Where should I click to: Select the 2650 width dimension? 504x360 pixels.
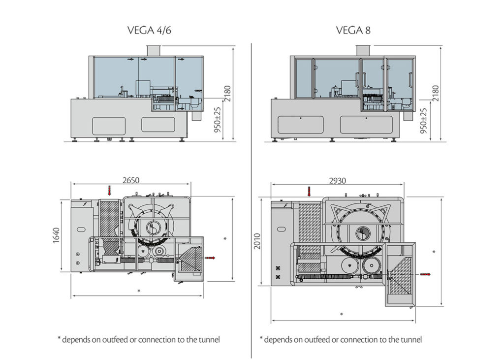point(131,180)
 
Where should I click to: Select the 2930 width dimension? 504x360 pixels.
point(338,181)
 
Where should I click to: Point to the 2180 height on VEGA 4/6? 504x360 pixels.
point(227,94)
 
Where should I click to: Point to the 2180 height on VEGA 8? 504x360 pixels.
point(435,94)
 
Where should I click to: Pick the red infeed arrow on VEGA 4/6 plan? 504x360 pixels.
point(110,190)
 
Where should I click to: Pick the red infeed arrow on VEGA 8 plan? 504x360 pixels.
point(309,190)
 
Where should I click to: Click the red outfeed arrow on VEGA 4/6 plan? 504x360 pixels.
point(210,257)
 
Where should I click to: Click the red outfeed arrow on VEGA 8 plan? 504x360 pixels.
point(424,274)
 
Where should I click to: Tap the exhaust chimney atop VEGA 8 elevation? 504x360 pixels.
point(364,50)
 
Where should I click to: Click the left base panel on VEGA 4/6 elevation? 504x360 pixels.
point(108,125)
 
